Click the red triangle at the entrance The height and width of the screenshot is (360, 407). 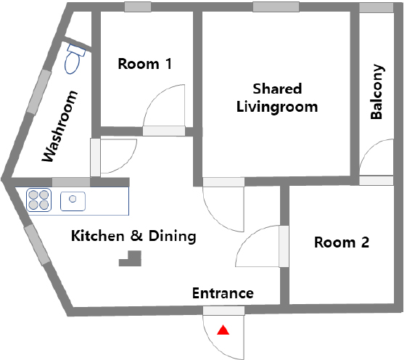(223, 330)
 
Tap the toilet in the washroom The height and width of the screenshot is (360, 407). (74, 60)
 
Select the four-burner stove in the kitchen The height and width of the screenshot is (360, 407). (38, 200)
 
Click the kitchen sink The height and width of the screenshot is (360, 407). (73, 201)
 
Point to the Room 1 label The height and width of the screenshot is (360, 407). (145, 64)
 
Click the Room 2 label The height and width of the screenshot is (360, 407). (342, 242)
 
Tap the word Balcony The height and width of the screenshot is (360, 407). (377, 91)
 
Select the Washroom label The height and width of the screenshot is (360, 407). (60, 126)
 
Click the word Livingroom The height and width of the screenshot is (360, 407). (277, 107)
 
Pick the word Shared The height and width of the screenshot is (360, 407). (277, 89)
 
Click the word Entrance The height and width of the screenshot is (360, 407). (223, 293)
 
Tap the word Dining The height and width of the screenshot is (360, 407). (173, 237)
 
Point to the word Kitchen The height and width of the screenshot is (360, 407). (98, 236)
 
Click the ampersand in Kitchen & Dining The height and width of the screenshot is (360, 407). (136, 236)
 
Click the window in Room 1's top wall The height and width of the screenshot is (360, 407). (138, 7)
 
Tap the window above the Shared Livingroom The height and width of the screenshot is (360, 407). (276, 7)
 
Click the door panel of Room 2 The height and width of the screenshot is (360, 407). (284, 246)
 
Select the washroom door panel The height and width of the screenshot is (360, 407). (95, 157)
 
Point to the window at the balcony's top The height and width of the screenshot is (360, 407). (376, 7)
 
